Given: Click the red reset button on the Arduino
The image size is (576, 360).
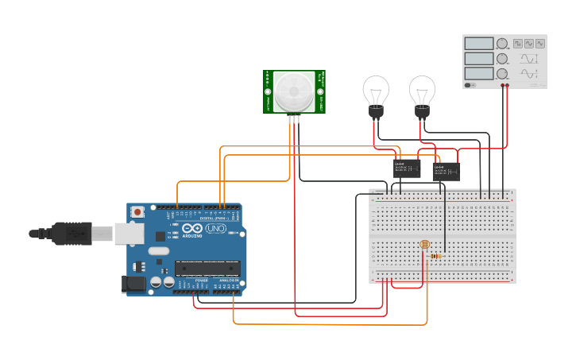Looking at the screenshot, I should pos(138,212).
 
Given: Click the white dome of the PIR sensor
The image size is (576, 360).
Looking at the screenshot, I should pos(293,91).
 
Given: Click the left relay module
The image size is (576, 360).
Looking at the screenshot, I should pos(407,167).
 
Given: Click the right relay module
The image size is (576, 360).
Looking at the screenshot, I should pos(446,171).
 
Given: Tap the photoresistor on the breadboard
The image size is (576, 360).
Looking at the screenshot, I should pos(423,246).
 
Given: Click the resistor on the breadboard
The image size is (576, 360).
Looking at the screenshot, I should pos(435,256).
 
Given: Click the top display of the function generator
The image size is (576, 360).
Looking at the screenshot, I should pos(479,44).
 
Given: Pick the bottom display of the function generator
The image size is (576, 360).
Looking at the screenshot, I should pos(479,73).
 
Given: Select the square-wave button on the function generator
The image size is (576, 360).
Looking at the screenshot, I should pos(518,43).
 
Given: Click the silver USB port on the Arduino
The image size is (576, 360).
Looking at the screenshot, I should pos(128,233).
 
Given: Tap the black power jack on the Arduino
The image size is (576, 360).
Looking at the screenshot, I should pos(132,285).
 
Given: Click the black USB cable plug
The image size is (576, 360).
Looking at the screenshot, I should pos(79,233).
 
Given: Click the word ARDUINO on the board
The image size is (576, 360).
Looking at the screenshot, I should pos(193,236).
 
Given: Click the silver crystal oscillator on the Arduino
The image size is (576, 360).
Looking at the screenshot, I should pos(159,251).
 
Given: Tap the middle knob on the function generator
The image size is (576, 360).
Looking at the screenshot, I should pos(502,59).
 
